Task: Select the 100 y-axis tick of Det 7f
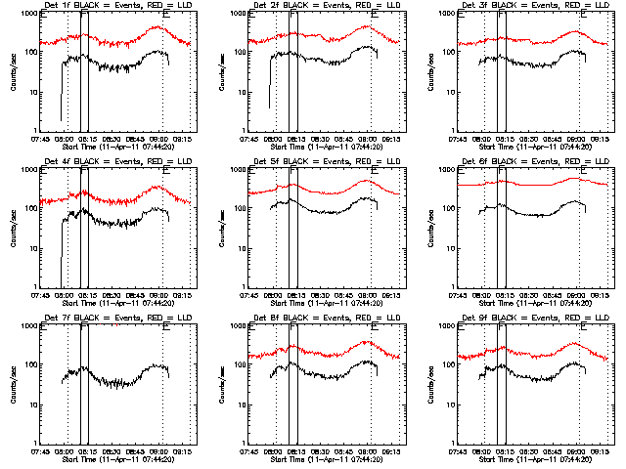coord(31,366)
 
